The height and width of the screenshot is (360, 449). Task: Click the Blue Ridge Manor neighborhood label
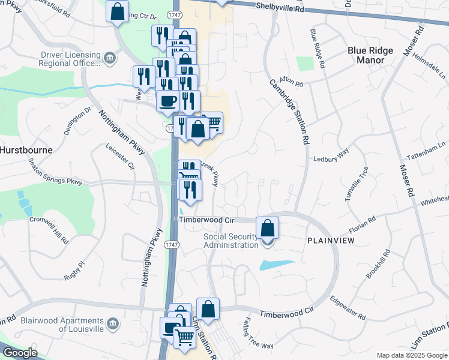click(x=370, y=56)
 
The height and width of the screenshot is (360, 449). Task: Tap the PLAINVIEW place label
click(x=330, y=240)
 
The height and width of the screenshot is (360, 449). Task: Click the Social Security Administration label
click(x=231, y=241)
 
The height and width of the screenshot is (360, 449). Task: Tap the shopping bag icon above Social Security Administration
click(x=268, y=228)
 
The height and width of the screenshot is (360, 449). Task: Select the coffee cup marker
click(x=167, y=100)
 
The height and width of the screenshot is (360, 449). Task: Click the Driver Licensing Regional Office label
click(x=70, y=58)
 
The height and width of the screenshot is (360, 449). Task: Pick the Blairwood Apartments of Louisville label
click(x=62, y=325)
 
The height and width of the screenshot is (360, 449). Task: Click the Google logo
click(x=19, y=353)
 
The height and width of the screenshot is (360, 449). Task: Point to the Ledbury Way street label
click(x=331, y=158)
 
